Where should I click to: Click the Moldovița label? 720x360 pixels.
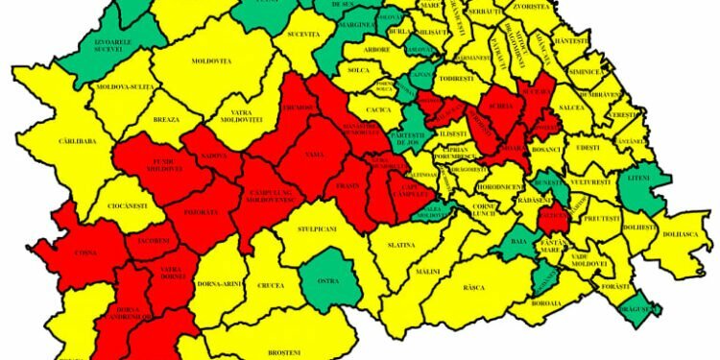pos(211,60)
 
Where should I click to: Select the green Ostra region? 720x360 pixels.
pos(327,278)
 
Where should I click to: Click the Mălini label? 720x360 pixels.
pos(428,271)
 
